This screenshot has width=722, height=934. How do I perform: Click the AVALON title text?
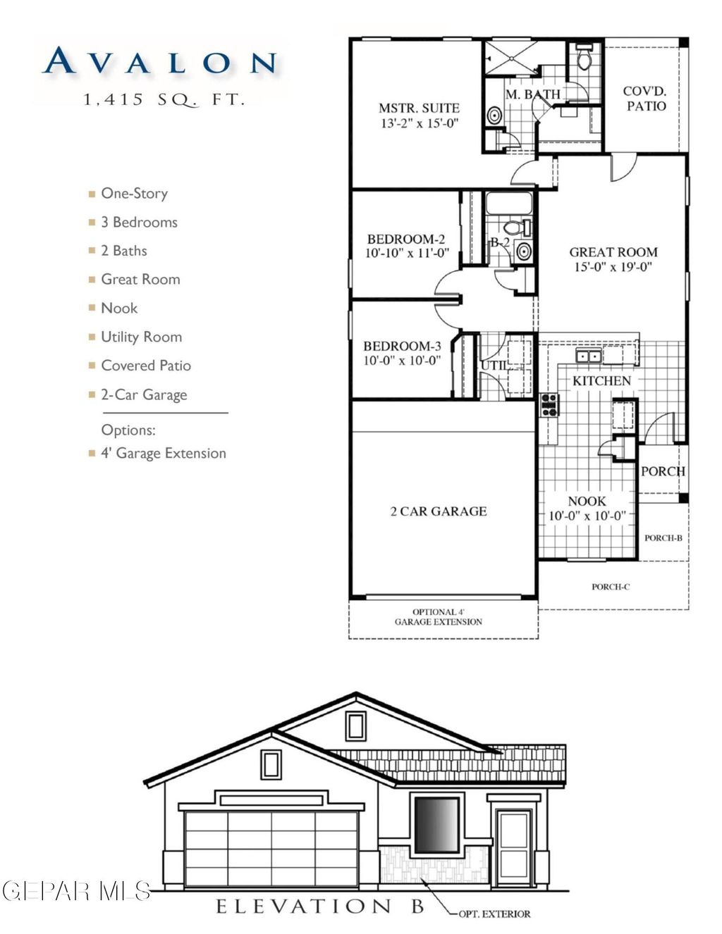[160, 62]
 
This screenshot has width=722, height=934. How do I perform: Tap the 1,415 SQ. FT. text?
[164, 100]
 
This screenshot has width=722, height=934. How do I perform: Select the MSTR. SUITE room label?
[419, 108]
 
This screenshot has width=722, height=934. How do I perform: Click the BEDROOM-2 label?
[406, 239]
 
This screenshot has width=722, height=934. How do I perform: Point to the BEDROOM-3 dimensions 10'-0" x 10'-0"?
[402, 361]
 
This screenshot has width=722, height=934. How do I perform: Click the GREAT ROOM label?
[613, 252]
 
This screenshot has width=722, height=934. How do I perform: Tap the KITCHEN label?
[601, 380]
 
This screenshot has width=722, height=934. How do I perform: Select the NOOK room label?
[587, 502]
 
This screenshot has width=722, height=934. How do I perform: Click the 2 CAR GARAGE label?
[439, 511]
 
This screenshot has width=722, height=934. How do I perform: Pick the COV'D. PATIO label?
[645, 99]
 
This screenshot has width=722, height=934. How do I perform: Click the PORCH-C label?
[611, 587]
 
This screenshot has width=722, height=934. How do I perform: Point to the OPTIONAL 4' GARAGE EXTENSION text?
[439, 617]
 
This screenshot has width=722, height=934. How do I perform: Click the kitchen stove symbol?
[549, 404]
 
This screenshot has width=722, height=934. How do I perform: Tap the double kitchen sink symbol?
[588, 356]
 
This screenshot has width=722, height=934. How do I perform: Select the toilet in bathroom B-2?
[513, 228]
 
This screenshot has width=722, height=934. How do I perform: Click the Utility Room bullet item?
[141, 337]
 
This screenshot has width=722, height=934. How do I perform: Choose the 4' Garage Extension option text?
[164, 454]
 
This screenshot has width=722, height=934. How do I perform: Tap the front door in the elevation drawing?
[514, 847]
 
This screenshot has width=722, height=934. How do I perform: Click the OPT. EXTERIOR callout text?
[494, 914]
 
